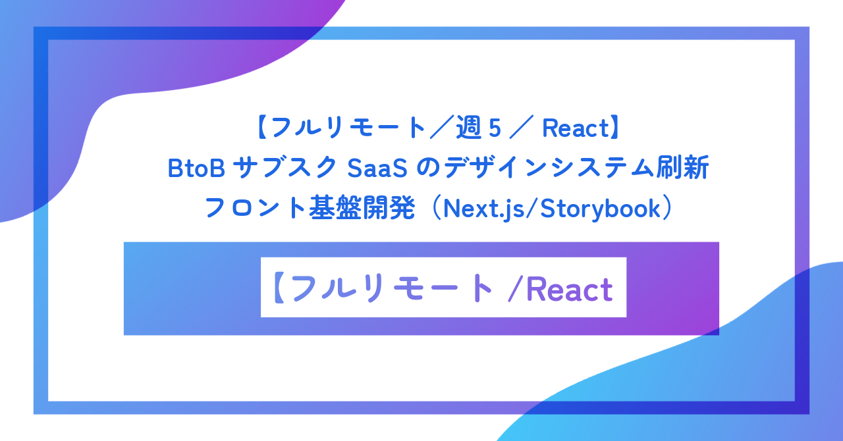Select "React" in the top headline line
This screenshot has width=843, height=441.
pos(573,128)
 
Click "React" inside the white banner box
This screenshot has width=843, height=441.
pos(570,289)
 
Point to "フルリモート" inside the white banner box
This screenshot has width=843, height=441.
pos(391,289)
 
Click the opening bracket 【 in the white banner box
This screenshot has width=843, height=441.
pos(277,289)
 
